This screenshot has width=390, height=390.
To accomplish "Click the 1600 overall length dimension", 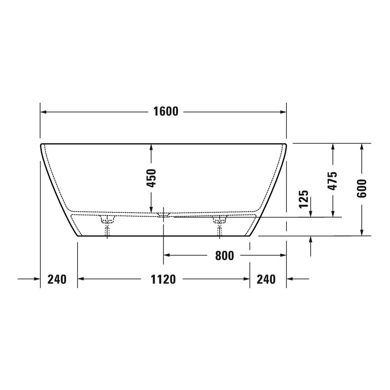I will pos(166,112).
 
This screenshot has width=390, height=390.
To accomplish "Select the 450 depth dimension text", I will pos(151,178).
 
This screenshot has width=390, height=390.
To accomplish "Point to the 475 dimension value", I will pos(332,181).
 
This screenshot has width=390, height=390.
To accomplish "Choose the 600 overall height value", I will pos(362,188).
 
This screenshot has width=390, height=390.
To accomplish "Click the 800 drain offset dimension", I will pos(224,256).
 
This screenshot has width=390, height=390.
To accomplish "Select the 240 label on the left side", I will pos(57,279).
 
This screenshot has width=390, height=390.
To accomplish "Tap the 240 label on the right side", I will pos(266,279).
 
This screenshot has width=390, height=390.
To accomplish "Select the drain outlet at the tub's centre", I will pos(163,214).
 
